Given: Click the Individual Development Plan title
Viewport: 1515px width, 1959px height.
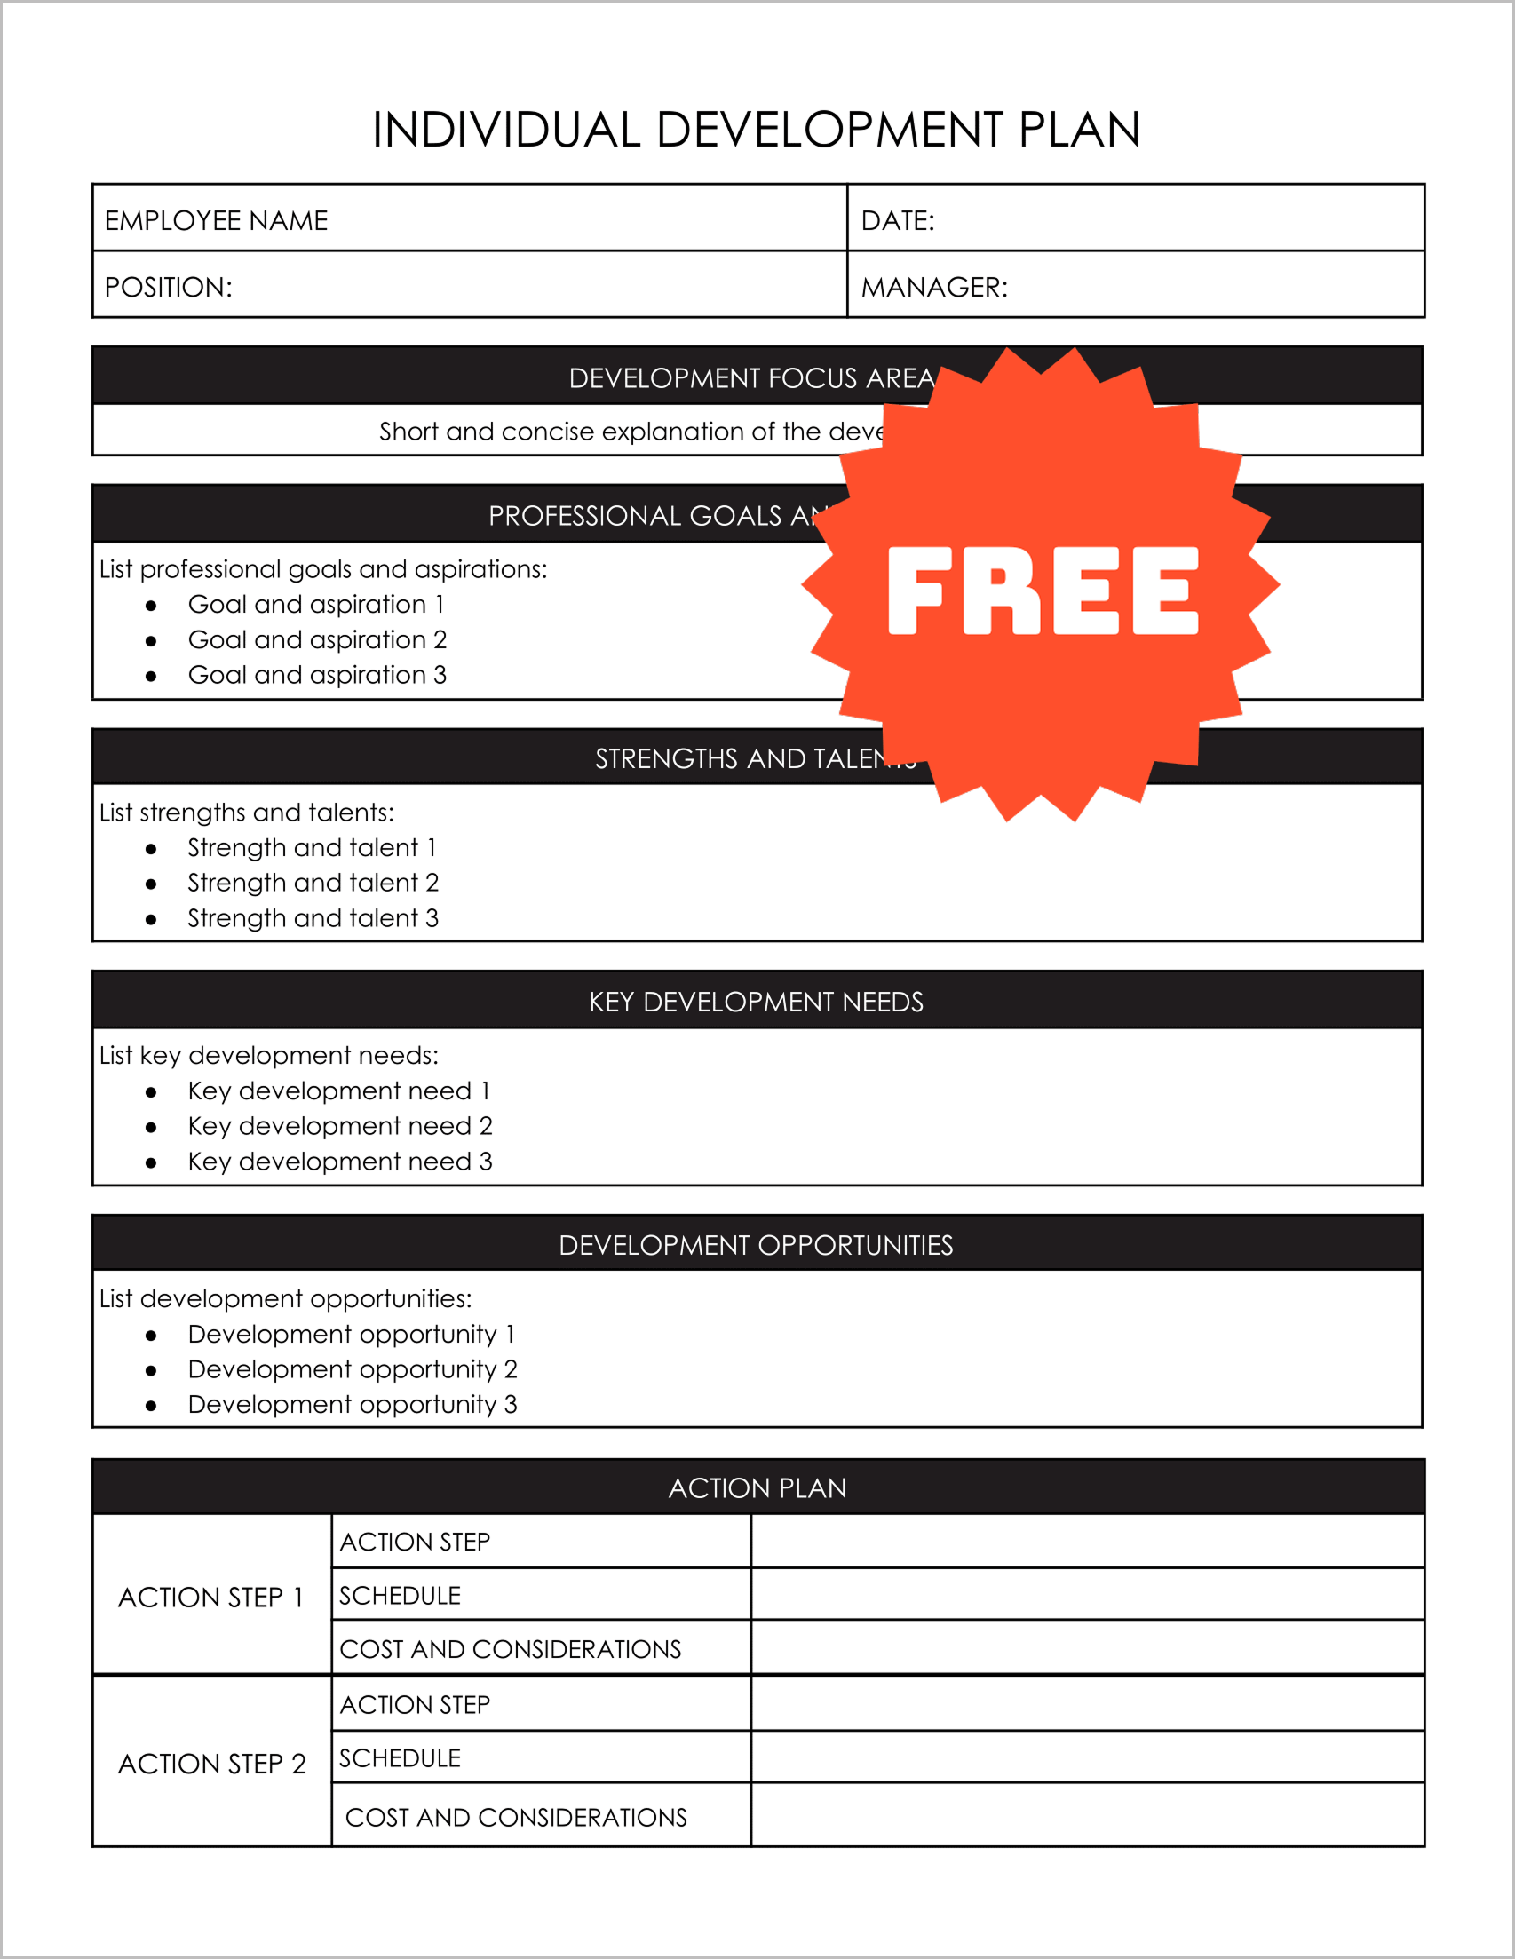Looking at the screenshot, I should [x=756, y=129].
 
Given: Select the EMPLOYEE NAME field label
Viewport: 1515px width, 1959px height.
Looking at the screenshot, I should [x=216, y=220].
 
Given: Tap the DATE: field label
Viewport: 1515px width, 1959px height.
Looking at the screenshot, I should [x=897, y=220].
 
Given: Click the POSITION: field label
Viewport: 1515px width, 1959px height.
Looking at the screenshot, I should [x=169, y=287].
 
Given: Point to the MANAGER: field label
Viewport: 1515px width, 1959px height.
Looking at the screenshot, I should [x=933, y=287].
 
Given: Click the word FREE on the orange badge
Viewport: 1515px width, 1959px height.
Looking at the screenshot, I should [x=1043, y=591].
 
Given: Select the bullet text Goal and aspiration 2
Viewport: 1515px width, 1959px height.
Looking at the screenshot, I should [x=317, y=639].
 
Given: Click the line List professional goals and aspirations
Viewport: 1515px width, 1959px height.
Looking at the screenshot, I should [x=323, y=568].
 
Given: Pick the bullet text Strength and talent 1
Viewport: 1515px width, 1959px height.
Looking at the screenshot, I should [x=311, y=848].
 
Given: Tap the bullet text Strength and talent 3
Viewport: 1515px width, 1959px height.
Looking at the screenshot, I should [x=313, y=917].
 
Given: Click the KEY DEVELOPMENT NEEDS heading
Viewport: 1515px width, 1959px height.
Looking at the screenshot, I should [x=756, y=1002].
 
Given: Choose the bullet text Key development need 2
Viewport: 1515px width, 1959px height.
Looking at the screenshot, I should [x=340, y=1126].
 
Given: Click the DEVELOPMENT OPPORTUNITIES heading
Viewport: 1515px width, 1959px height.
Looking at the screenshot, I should [x=756, y=1245].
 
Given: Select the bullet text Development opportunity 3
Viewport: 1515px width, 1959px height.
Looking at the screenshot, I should [x=353, y=1404].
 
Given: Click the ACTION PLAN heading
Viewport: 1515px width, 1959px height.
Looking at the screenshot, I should [x=757, y=1488].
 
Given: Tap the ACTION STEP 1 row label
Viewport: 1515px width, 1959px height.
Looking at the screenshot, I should [x=211, y=1598].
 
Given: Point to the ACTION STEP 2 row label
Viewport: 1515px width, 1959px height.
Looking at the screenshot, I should [x=212, y=1764].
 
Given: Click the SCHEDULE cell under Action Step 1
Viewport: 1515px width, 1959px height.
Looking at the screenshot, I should [x=400, y=1596].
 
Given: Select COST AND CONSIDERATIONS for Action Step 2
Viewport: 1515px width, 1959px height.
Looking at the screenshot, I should [x=516, y=1817].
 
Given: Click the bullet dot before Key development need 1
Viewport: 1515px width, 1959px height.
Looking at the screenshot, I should [x=151, y=1091].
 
